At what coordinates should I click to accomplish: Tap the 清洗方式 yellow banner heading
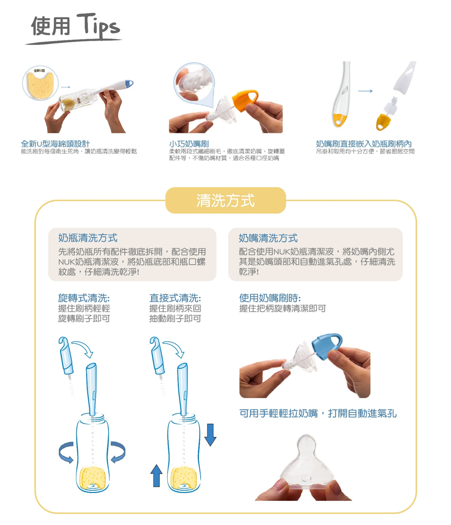[225, 200]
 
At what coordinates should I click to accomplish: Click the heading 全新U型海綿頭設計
[55, 144]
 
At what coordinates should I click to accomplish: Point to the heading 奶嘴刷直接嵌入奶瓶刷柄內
[364, 144]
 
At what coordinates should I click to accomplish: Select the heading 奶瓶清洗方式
[87, 238]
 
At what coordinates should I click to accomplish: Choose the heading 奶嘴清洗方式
[268, 238]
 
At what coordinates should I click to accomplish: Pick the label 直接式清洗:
[175, 298]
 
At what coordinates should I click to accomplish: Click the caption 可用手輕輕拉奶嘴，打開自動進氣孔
[318, 413]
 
